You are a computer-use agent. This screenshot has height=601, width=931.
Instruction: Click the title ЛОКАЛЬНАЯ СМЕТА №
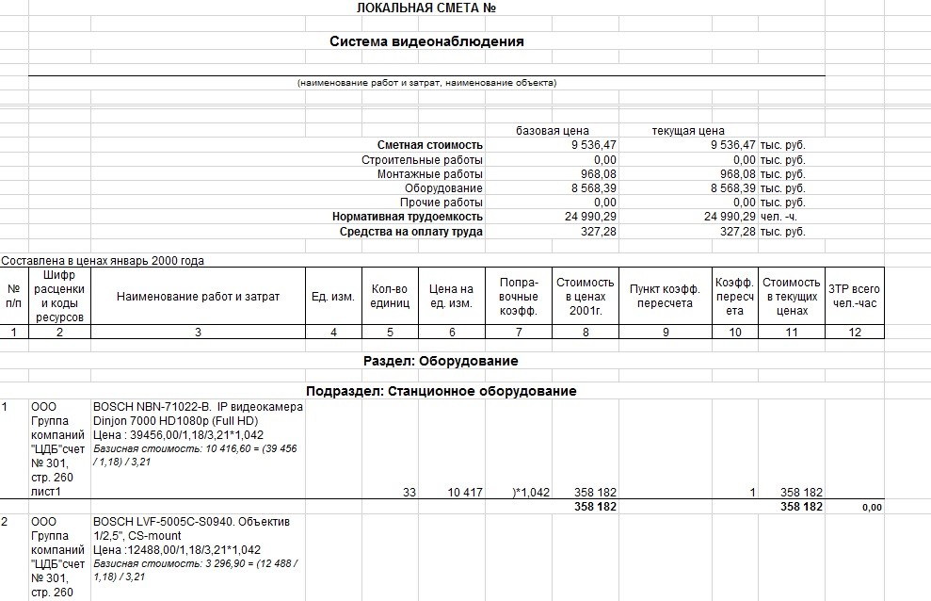pos(426,8)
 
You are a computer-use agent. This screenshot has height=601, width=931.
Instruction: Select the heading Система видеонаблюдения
pos(426,41)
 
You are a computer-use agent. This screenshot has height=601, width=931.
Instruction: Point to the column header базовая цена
pos(553,131)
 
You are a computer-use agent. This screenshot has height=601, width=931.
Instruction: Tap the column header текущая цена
pos(688,131)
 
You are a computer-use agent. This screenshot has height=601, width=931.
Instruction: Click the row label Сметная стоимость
pos(430,145)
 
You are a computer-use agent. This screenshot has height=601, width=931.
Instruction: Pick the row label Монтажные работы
pos(430,174)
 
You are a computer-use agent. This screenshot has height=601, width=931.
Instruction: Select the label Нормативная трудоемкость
pos(408,217)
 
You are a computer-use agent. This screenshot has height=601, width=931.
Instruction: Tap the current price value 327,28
pos(737,231)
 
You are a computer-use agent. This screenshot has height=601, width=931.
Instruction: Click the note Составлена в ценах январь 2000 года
pos(103,261)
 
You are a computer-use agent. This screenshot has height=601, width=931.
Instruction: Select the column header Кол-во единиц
pos(391,296)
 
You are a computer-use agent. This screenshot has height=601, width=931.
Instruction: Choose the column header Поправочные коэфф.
pos(519,296)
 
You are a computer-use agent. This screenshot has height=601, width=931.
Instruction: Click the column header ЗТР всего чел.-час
pos(855,296)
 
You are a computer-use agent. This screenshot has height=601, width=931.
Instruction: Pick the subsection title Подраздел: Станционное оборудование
pos(441,391)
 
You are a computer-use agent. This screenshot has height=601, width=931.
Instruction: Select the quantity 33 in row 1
pos(409,493)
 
